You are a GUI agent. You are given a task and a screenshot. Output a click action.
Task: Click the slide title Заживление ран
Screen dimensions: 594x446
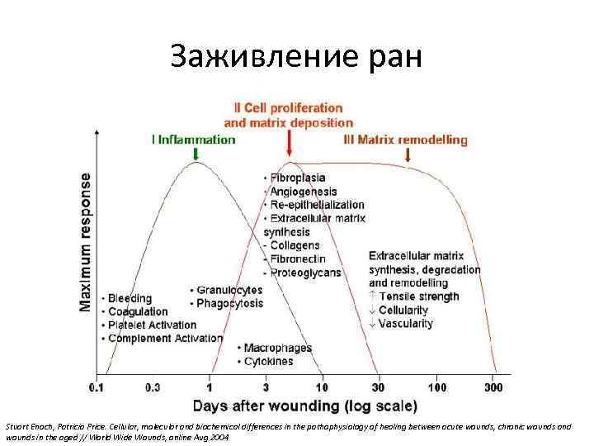point(296,56)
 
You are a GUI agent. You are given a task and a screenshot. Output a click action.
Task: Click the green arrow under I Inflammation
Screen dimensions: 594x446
point(196,154)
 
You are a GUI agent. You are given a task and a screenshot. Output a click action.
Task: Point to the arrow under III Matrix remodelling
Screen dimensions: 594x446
point(407,154)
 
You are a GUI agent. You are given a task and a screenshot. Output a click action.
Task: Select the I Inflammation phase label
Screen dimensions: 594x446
point(194,140)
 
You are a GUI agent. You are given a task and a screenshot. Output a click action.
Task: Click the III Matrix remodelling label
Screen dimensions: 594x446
point(405,140)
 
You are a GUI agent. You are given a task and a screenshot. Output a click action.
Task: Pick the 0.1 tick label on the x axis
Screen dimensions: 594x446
point(98,387)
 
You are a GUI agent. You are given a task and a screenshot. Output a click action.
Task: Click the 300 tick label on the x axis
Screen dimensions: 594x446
point(494,387)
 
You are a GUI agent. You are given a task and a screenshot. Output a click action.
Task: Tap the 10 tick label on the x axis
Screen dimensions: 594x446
point(322,387)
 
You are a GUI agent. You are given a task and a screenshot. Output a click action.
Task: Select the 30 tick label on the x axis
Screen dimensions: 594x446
point(379,387)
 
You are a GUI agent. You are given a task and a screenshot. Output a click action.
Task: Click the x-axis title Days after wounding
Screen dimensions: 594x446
point(305,406)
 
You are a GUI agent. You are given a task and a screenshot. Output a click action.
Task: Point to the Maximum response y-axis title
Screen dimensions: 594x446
point(87,241)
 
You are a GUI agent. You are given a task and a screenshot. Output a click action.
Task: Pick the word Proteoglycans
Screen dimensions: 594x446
point(304,273)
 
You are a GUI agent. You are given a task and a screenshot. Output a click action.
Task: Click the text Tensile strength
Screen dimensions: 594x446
point(417,297)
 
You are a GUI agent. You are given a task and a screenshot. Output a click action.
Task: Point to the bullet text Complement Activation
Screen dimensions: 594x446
point(164,338)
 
